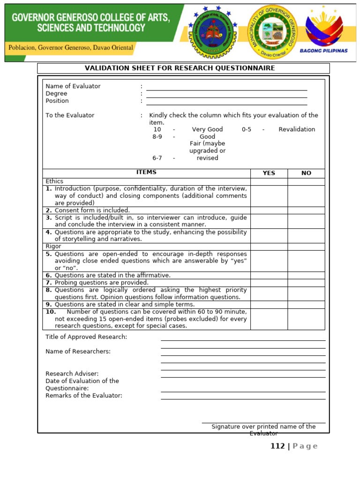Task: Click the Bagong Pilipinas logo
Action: tap(327, 32)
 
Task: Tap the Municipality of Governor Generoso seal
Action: tap(271, 31)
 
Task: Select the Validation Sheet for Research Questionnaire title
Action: tap(180, 68)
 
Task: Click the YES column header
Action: tap(269, 173)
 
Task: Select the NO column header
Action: tap(306, 173)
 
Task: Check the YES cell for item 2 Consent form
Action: tap(269, 210)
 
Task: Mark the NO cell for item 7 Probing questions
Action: tap(306, 283)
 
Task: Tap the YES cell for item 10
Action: tap(269, 319)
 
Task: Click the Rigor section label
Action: tap(53, 247)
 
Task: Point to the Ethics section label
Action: tap(54, 181)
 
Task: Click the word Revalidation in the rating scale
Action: tap(297, 129)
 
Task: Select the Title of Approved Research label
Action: tap(86, 337)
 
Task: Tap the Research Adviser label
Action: tap(72, 374)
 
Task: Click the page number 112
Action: tap(277, 446)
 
